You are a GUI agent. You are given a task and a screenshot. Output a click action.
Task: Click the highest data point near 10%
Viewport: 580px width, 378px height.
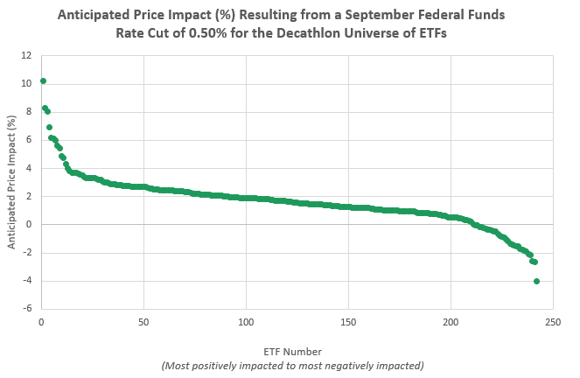[x=43, y=81]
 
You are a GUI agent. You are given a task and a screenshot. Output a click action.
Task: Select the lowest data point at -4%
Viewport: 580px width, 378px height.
[x=536, y=281]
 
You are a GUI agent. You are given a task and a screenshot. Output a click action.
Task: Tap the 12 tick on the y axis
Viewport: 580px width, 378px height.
[x=28, y=55]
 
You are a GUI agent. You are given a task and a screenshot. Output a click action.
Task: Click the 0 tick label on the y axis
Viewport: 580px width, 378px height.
[x=30, y=224]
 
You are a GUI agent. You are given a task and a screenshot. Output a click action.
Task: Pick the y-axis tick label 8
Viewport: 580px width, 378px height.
[x=30, y=111]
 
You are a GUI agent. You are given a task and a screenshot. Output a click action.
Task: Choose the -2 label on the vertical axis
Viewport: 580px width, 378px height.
[x=28, y=253]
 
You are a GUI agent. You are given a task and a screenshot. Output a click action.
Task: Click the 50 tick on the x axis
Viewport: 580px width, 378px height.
[x=143, y=321]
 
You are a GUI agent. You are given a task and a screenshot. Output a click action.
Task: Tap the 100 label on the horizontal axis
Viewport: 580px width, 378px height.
[x=245, y=321]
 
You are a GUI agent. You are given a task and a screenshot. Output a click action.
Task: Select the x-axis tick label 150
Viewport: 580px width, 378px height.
[x=347, y=321]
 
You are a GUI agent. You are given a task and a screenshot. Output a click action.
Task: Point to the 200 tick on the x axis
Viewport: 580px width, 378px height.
[x=451, y=321]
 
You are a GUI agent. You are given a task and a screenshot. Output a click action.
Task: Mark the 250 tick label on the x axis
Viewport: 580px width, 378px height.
[x=553, y=321]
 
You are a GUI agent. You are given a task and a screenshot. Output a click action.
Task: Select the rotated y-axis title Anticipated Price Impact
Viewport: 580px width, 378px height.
[x=12, y=182]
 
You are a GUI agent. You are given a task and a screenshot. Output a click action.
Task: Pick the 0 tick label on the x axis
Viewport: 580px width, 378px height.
[x=41, y=321]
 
